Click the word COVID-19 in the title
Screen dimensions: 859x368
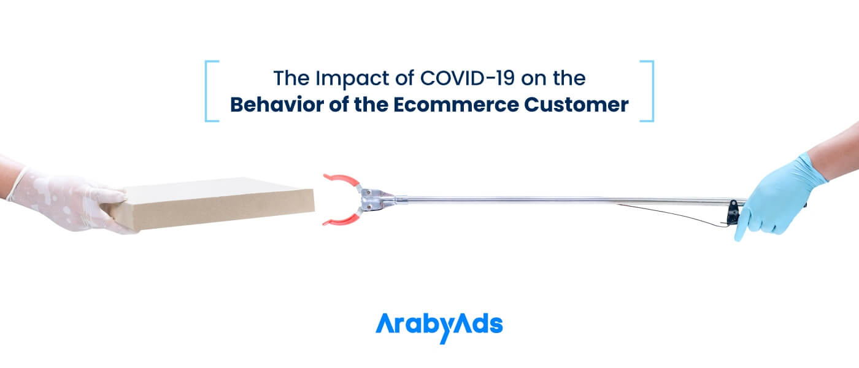point(468,79)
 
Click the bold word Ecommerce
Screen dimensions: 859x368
point(456,105)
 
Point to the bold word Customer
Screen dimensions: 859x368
point(576,105)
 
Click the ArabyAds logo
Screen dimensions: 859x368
point(439,328)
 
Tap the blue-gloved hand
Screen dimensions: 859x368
point(779,197)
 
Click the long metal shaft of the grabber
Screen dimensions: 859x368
point(568,200)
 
